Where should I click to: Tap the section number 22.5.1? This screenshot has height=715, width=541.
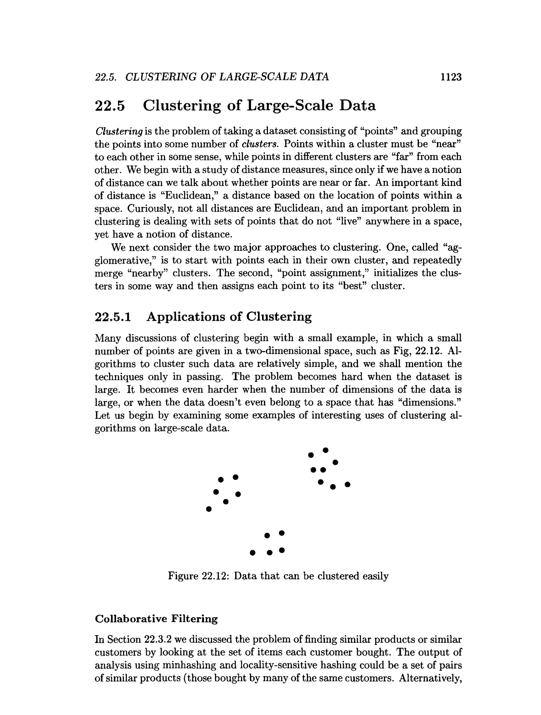(113, 317)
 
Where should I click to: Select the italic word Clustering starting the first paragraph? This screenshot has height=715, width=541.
(119, 131)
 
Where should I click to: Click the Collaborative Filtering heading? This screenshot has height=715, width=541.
(156, 619)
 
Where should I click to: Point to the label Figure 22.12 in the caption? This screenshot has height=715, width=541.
(198, 576)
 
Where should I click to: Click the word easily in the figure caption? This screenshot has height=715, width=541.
(375, 576)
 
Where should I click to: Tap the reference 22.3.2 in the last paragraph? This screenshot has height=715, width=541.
(157, 639)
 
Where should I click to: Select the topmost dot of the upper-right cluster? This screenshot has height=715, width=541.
(325, 450)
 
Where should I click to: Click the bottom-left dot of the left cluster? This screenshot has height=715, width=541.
(209, 509)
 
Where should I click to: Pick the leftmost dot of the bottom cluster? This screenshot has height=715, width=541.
(253, 553)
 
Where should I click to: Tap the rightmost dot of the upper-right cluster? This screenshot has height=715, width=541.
(347, 484)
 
